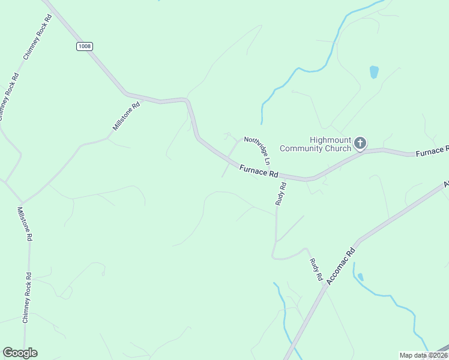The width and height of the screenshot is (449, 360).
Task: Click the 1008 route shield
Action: [x=85, y=47]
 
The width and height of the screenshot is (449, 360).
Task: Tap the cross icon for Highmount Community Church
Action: [x=360, y=143]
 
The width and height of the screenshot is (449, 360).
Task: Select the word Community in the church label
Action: [x=310, y=148]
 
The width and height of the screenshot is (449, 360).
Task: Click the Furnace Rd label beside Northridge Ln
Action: [x=259, y=172]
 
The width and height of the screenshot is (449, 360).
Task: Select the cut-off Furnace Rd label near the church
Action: [x=432, y=151]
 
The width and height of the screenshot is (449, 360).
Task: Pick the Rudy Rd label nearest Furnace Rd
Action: [x=281, y=194]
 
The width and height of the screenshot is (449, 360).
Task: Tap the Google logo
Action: [x=20, y=353]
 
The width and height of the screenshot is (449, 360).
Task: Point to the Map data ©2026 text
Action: [x=423, y=355]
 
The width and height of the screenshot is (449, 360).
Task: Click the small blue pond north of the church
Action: [x=374, y=72]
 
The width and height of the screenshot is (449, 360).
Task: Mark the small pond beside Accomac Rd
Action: [x=360, y=277]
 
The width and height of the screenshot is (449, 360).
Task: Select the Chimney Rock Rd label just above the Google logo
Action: [x=26, y=298]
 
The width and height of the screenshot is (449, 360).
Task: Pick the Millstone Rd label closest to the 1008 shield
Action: [x=126, y=116]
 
